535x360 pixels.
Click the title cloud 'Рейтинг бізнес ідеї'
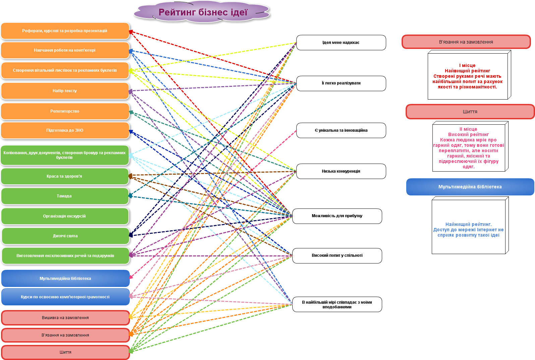coord(202,12)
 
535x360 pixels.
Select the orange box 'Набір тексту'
coord(65,91)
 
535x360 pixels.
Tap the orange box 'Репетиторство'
coord(65,111)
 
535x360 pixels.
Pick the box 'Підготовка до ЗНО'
coord(65,130)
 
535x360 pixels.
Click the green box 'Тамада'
coord(64,196)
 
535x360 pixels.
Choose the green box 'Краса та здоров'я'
coord(64,176)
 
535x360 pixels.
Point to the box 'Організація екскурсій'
coord(64,216)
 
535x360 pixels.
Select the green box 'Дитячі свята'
coord(65,236)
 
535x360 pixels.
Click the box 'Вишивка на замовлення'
coord(65,318)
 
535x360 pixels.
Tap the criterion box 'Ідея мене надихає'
coord(341,43)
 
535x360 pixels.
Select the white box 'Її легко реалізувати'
coord(341,83)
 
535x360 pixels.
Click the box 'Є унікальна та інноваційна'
coord(341,130)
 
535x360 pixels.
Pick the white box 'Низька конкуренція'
coord(341,171)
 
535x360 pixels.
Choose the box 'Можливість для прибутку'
coord(337,216)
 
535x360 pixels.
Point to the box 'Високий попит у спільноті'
coord(337,255)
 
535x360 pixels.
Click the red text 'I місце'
coord(467,65)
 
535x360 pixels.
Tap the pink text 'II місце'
coord(468,129)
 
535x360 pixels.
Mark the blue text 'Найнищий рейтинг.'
coord(468,224)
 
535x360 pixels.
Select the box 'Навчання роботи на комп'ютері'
coord(65,50)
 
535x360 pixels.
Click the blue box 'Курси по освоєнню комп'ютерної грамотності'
coord(65,297)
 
